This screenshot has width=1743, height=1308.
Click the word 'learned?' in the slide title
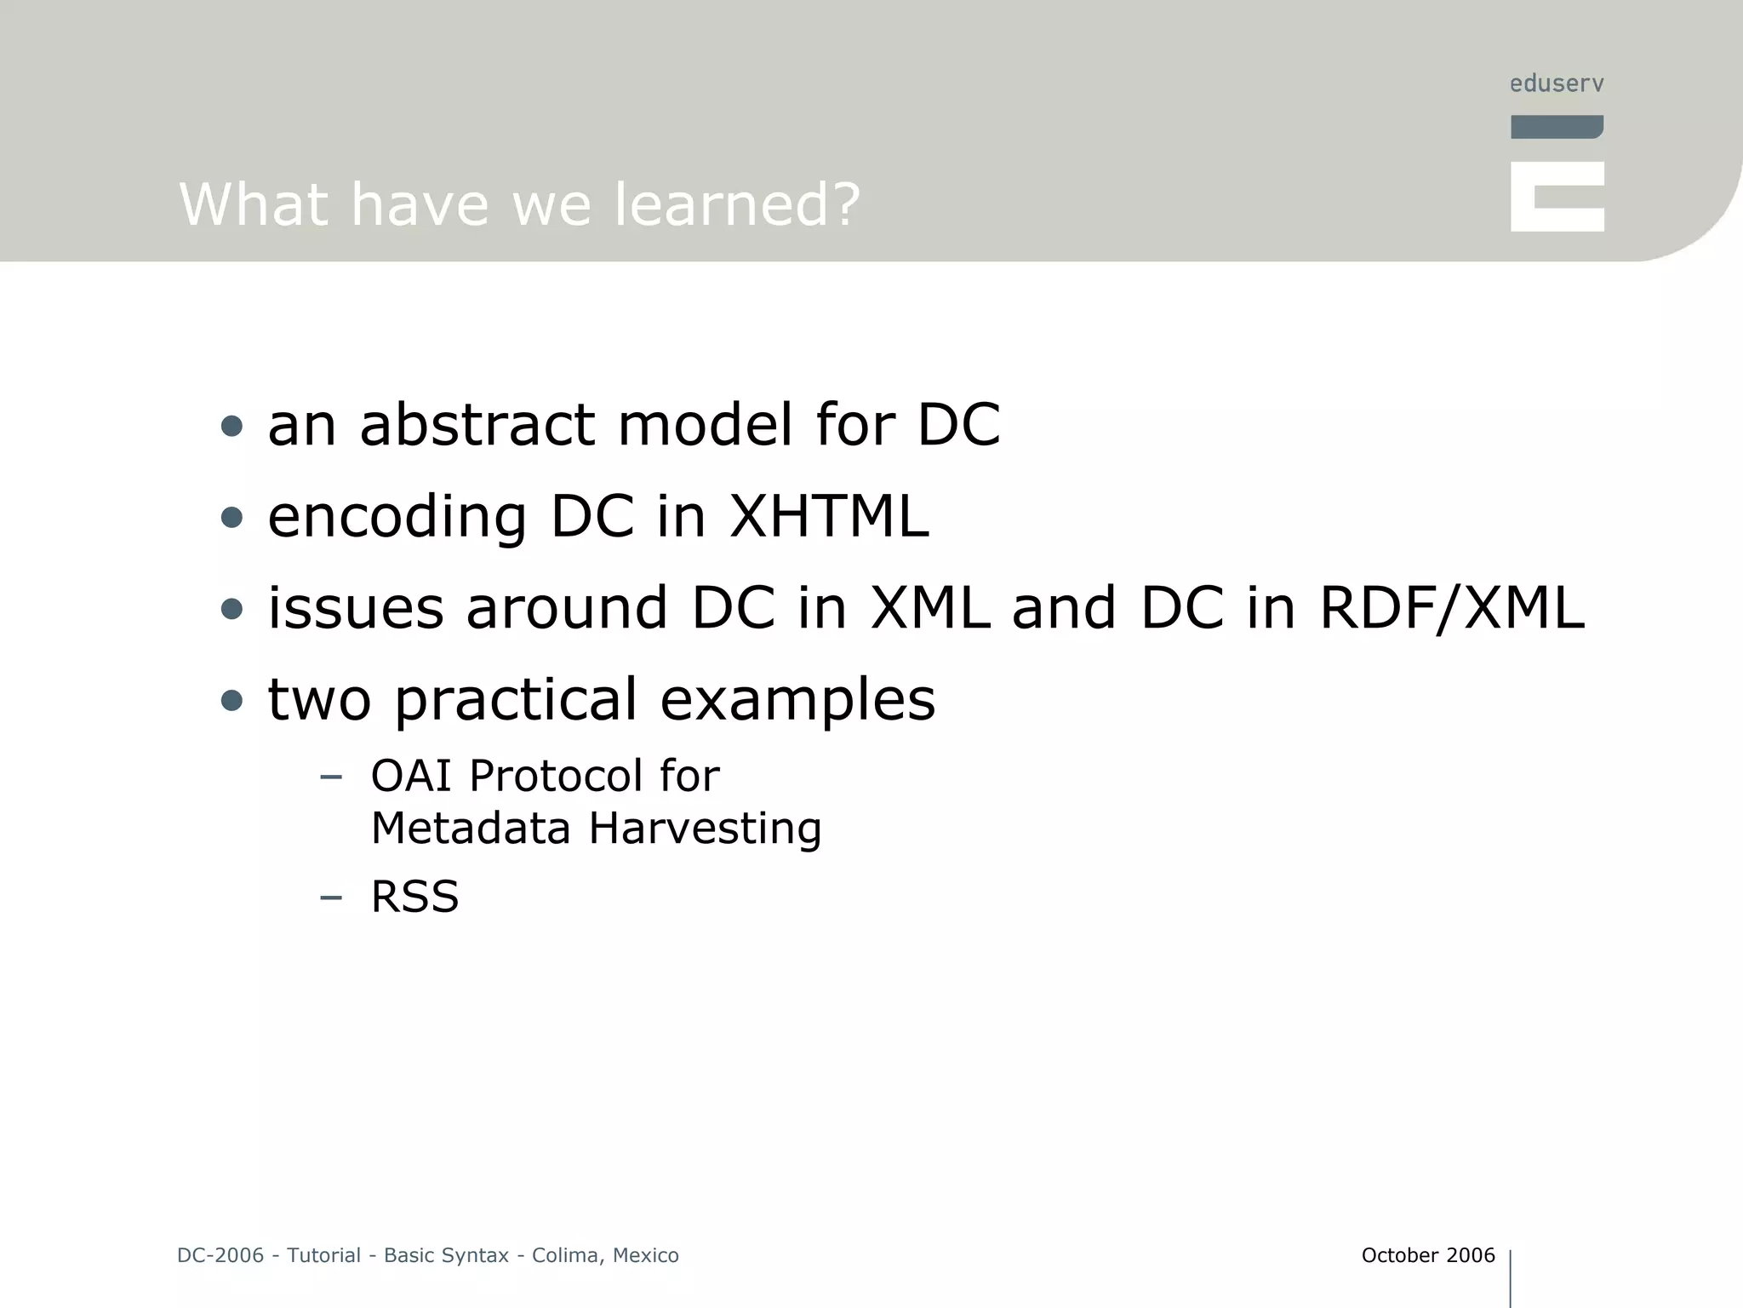click(x=736, y=205)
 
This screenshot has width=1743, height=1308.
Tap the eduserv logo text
click(x=1557, y=83)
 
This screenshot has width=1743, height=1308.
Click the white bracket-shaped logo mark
click(x=1557, y=197)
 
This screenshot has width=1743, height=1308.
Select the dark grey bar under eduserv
click(x=1557, y=127)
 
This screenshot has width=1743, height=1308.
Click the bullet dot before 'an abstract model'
click(x=231, y=426)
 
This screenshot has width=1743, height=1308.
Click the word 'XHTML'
click(x=829, y=516)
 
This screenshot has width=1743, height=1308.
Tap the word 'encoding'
click(x=397, y=518)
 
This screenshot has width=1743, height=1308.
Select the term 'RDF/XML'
click(x=1451, y=608)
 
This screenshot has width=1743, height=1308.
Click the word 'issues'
click(x=356, y=608)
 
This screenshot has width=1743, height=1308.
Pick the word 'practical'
click(x=516, y=701)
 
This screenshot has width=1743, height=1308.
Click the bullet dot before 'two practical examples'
click(x=231, y=701)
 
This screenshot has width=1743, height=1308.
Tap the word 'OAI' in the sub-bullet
click(x=410, y=776)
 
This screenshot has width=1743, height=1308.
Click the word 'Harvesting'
click(x=705, y=829)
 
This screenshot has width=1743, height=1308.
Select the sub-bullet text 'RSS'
click(x=414, y=897)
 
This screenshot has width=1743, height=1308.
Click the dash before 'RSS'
click(x=330, y=897)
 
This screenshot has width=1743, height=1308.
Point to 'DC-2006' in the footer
click(x=220, y=1255)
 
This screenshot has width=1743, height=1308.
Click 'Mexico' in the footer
click(x=645, y=1255)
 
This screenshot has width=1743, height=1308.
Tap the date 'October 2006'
click(x=1427, y=1255)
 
